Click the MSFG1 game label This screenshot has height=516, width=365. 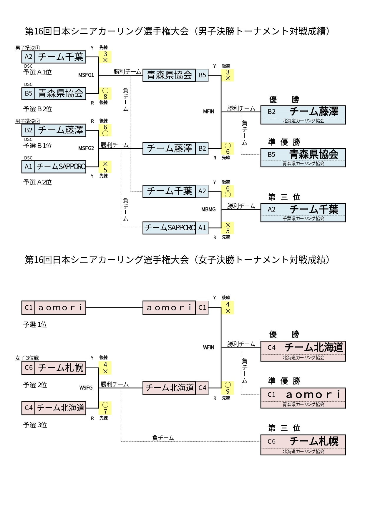tap(86, 75)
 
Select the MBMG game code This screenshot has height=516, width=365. tap(208, 209)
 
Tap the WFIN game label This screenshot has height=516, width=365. tap(208, 347)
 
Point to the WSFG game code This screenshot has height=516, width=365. tap(86, 388)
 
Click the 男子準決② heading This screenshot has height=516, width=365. tap(28, 121)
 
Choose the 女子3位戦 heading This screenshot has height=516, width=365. tap(27, 358)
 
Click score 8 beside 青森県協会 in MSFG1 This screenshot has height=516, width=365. tap(105, 96)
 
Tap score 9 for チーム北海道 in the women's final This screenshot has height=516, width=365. tap(228, 391)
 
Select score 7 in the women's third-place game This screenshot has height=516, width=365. tap(105, 411)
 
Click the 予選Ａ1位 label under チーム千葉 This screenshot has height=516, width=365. tap(37, 72)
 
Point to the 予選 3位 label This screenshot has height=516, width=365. tap(35, 425)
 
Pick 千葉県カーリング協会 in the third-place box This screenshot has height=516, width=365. tap(303, 219)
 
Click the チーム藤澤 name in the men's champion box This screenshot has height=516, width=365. tap(314, 111)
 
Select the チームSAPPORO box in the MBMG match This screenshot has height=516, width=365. tap(169, 228)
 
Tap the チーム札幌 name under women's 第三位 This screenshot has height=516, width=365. tap(314, 441)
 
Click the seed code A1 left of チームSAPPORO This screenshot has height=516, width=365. tap(28, 167)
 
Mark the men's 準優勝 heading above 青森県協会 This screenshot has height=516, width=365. tap(284, 142)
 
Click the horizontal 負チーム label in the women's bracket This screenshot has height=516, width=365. tap(163, 438)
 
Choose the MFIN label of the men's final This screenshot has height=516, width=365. tap(208, 111)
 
